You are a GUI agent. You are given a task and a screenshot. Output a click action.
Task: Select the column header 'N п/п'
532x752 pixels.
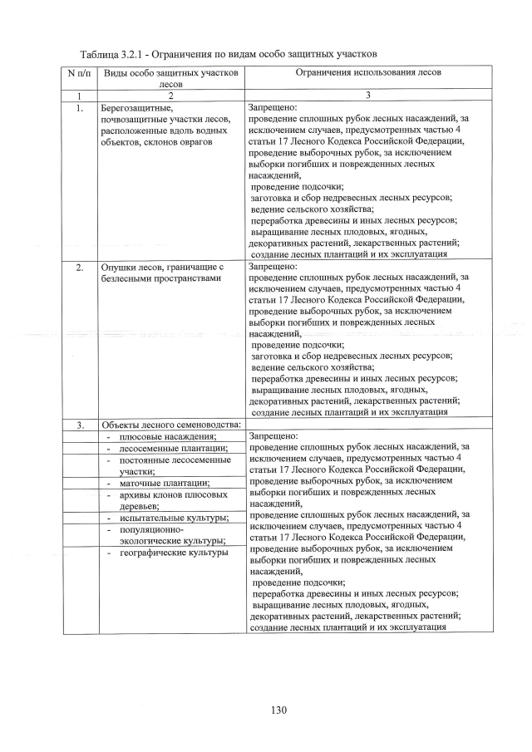point(79,73)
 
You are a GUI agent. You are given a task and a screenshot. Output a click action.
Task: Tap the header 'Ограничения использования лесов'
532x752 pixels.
point(356,73)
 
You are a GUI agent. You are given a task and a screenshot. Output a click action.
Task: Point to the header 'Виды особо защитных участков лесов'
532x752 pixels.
point(170,79)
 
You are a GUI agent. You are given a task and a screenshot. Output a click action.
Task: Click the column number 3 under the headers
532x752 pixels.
point(356,96)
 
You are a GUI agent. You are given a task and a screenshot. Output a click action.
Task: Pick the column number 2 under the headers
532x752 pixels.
point(170,96)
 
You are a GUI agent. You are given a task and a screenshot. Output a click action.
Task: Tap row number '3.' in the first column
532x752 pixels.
point(79,426)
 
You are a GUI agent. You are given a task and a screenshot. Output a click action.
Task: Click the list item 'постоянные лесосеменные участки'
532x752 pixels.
point(173,465)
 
